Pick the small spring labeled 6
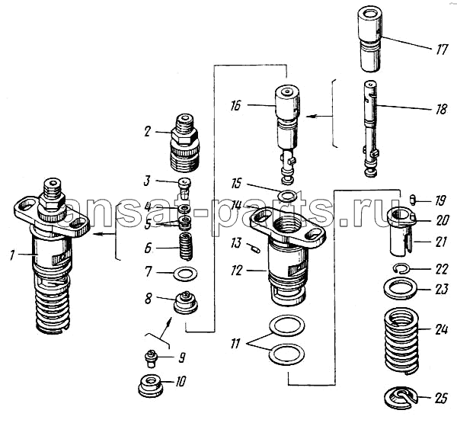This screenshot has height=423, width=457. (185, 248)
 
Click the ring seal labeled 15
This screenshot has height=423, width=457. (287, 197)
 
